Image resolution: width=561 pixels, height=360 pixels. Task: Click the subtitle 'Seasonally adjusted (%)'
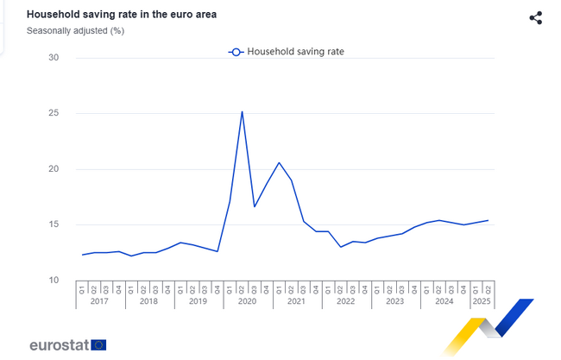[75, 31]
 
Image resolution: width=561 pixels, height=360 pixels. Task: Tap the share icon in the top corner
[535, 18]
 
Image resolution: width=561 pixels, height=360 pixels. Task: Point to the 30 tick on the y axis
[54, 58]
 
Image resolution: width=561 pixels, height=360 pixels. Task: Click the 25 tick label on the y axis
[54, 113]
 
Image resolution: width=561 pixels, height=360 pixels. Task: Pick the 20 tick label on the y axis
[54, 169]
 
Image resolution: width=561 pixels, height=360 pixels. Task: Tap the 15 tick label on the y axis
[54, 224]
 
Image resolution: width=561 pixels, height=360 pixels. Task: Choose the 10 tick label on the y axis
[54, 281]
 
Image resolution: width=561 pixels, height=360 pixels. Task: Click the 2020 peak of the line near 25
[242, 111]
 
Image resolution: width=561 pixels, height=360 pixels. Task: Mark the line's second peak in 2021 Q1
[279, 162]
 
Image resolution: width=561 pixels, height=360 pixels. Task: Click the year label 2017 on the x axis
[100, 301]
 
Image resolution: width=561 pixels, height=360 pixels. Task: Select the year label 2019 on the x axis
[199, 301]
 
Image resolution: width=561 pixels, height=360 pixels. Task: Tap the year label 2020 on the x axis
[248, 301]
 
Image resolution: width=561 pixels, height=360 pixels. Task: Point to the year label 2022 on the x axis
[346, 301]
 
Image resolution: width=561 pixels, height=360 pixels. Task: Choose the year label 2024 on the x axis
[444, 301]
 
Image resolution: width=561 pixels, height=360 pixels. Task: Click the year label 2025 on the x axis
[482, 301]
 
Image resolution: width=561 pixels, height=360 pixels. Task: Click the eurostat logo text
[58, 345]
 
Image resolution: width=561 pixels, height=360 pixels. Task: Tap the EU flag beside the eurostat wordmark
[98, 345]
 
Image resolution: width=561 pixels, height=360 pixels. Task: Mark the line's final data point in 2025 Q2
[489, 220]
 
